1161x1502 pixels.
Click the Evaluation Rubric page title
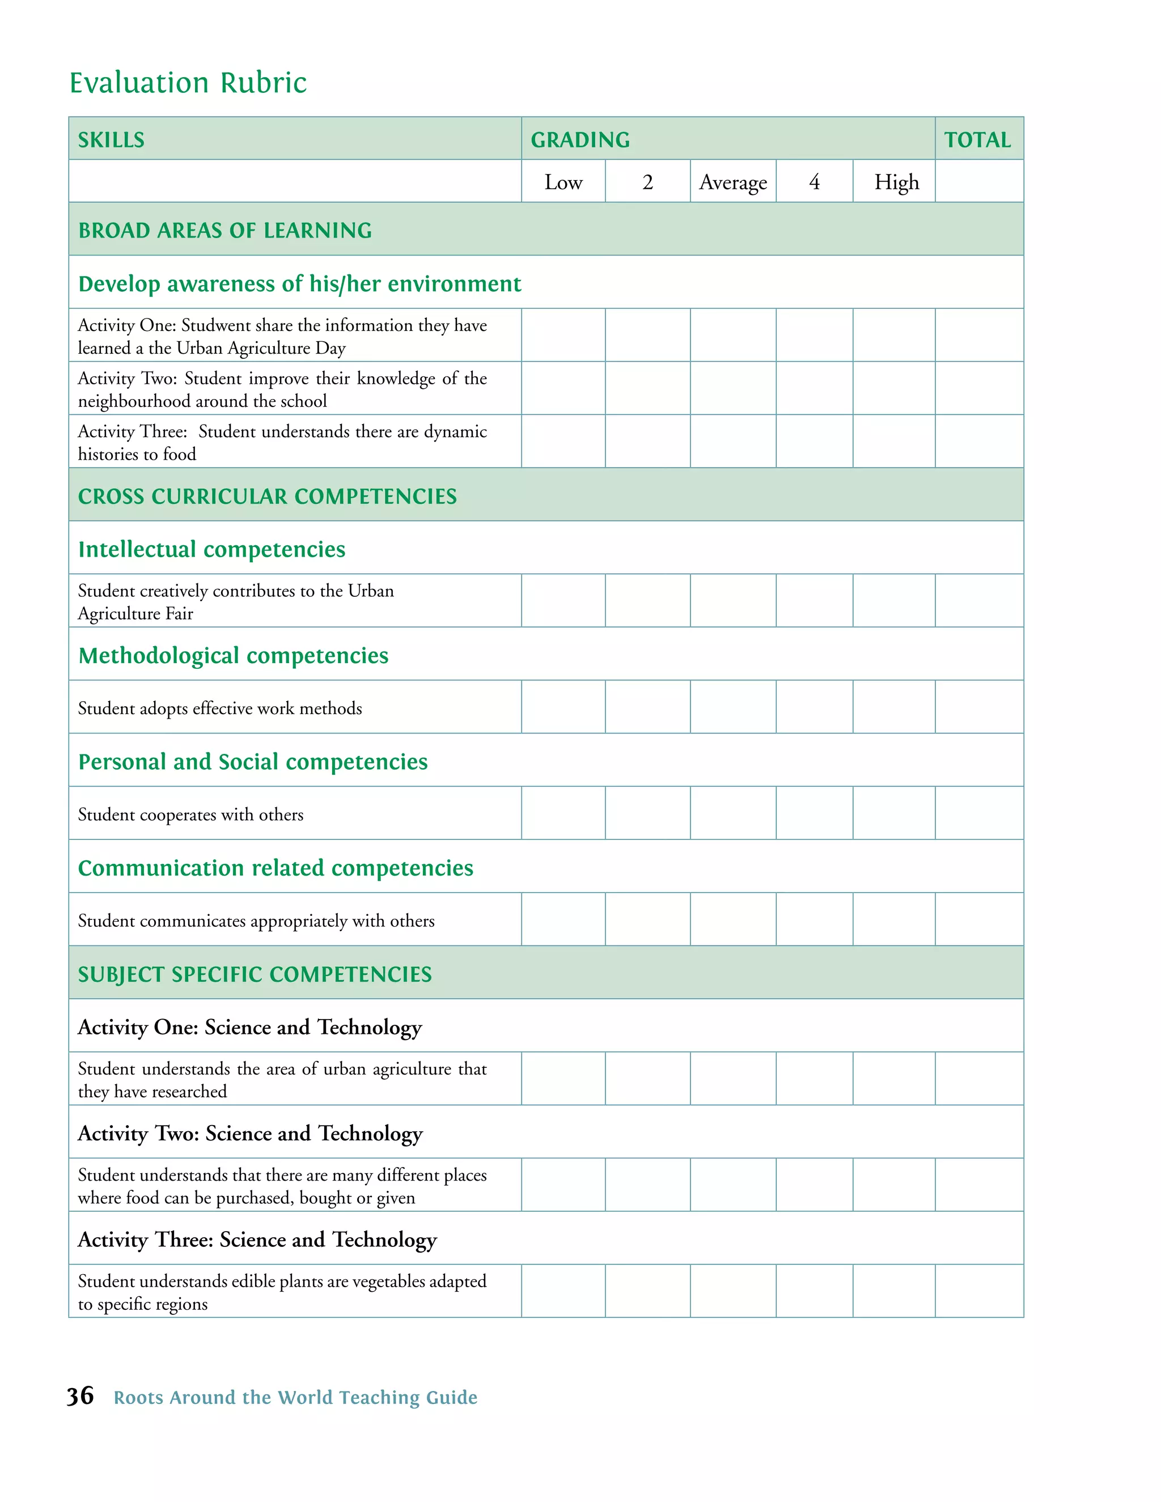[188, 83]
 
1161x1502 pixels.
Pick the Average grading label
[732, 183]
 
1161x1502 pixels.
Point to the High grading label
[896, 183]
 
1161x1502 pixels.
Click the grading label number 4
[815, 183]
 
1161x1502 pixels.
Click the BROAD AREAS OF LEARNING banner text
[225, 230]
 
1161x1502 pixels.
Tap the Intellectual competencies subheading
[212, 549]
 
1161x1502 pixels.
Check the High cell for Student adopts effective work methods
[893, 707]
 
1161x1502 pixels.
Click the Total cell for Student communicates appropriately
[978, 919]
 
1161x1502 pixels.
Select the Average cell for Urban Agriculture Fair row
[732, 600]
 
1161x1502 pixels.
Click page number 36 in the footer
[80, 1396]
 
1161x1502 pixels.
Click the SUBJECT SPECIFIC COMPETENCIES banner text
[255, 974]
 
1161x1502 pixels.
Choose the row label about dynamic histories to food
[282, 442]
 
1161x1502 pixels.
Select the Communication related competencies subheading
[275, 868]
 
